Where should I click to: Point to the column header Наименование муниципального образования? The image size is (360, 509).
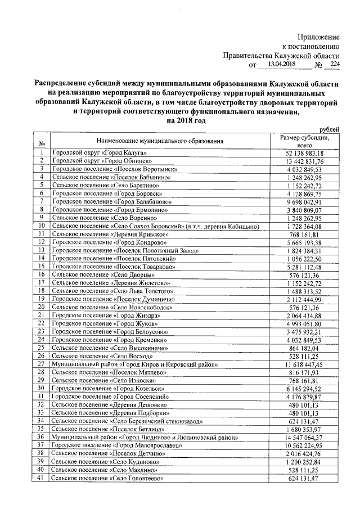coord(160,141)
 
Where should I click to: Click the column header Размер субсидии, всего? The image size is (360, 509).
coord(304,141)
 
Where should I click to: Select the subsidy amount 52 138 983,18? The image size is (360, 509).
coord(304,153)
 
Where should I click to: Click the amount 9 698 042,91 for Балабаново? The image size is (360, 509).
coord(304,201)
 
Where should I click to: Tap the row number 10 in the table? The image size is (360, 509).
coord(41,226)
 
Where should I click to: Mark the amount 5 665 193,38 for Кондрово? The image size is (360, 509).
coord(304,242)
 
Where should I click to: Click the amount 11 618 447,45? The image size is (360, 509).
coord(304,364)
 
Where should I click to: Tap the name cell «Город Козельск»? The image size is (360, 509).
coord(101,389)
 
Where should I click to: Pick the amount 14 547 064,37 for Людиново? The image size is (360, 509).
coord(304,437)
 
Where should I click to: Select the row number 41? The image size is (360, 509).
coord(41,478)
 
